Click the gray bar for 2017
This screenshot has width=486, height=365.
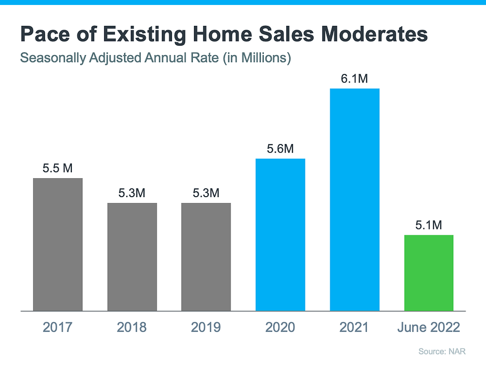click(58, 244)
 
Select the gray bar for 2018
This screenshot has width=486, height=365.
click(132, 257)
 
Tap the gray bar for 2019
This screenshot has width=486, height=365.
click(206, 257)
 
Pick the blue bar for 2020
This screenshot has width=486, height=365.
click(280, 234)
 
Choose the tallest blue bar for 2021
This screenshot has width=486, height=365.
click(355, 200)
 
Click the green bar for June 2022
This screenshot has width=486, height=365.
click(428, 273)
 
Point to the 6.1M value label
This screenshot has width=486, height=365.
click(355, 79)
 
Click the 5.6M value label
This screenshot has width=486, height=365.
click(280, 149)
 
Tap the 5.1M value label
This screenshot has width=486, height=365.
click(428, 225)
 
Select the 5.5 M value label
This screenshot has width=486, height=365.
click(58, 168)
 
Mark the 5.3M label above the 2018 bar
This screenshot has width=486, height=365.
click(132, 193)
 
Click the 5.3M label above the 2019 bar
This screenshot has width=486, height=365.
click(206, 193)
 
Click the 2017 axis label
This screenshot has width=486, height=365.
click(58, 327)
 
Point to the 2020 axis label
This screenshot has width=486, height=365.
click(280, 327)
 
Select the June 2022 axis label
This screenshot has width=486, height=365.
click(428, 327)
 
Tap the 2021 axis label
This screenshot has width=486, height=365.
click(355, 327)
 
